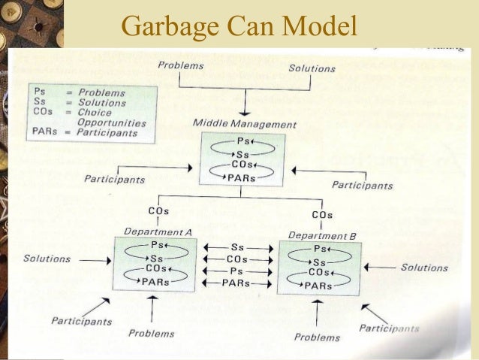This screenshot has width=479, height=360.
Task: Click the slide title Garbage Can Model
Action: click(239, 26)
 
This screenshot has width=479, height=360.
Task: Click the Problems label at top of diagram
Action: click(180, 65)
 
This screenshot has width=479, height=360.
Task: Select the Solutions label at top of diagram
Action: click(312, 68)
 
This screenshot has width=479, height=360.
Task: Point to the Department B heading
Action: click(322, 235)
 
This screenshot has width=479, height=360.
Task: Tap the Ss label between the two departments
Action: click(236, 247)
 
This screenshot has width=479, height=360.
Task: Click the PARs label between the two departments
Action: click(236, 283)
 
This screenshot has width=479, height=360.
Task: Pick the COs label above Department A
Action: click(158, 211)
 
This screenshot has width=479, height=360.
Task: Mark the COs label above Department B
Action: click(322, 215)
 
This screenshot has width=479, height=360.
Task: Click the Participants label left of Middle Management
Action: click(114, 179)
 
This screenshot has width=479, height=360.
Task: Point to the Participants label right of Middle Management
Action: click(362, 185)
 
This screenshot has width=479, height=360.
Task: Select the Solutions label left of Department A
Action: click(47, 259)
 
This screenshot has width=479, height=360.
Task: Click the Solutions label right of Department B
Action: click(424, 268)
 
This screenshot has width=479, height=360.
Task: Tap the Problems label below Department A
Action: click(152, 332)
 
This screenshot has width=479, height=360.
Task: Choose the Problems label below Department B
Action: click(317, 337)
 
